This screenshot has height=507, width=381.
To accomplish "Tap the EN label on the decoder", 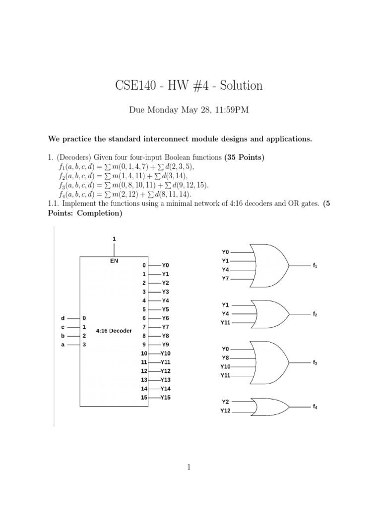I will click(114, 260).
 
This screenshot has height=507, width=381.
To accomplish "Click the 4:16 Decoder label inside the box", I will click(114, 331).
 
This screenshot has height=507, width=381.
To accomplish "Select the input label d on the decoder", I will click(63, 318).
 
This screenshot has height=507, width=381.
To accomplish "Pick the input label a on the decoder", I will click(63, 345).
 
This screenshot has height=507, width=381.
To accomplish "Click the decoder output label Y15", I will click(166, 398).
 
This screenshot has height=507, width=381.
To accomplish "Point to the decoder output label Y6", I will click(166, 318).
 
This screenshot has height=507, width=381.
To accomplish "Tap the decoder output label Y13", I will click(166, 380).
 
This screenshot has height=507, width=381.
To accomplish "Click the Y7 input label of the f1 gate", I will click(226, 279).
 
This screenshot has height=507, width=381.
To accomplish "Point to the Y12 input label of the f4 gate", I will click(226, 411).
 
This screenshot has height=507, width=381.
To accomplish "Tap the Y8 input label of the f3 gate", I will click(226, 357).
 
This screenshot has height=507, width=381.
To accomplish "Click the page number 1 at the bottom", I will click(190, 467).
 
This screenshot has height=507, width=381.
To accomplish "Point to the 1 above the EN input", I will click(114, 239).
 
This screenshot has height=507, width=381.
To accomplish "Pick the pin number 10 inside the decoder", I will click(144, 354).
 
